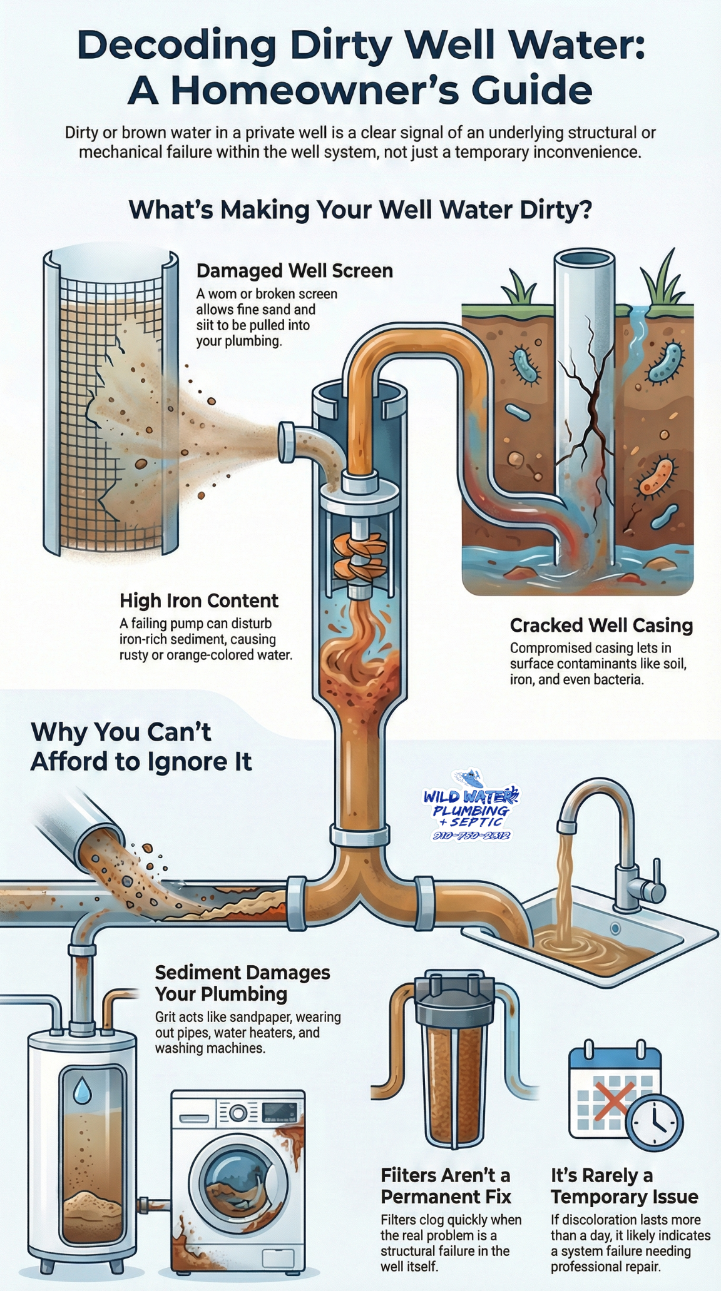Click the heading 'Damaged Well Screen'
[x=294, y=271]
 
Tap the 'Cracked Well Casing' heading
[x=601, y=625]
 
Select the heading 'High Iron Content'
[x=199, y=600]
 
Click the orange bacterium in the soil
[x=658, y=475]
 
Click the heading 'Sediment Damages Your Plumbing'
[x=242, y=983]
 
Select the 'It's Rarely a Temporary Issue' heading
[x=623, y=1185]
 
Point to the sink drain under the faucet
[x=615, y=929]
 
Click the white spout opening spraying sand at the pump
[x=287, y=442]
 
